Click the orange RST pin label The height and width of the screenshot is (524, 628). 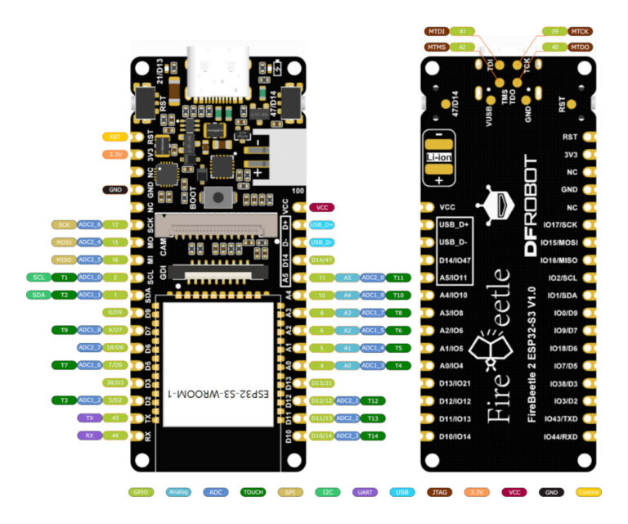114,137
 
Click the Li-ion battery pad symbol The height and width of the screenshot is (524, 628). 439,156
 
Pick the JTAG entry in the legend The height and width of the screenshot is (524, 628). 441,492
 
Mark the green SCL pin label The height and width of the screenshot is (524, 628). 38,277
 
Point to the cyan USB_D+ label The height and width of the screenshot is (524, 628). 322,224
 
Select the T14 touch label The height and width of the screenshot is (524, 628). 373,436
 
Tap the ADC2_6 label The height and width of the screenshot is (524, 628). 89,224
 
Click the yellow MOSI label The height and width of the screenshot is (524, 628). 63,242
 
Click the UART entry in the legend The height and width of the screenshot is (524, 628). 364,492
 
